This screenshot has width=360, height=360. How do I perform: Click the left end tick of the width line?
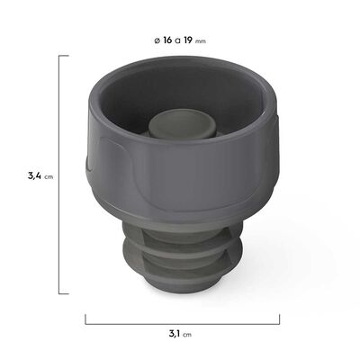pyautogui.click(x=85, y=320)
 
